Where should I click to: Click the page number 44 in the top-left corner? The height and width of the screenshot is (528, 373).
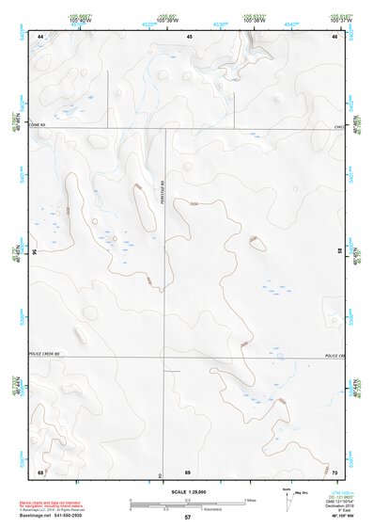point(41,35)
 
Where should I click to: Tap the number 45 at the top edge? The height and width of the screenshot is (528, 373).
point(189,35)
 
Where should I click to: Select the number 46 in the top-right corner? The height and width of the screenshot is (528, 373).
point(335,35)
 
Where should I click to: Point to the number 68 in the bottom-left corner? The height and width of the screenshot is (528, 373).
point(40,471)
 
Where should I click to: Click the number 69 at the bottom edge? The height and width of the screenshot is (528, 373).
point(187,471)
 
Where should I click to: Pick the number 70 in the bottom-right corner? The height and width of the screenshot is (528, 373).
point(335,471)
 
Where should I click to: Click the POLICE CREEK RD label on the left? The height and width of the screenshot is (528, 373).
point(44,354)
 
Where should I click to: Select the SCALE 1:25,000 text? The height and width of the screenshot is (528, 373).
point(187,490)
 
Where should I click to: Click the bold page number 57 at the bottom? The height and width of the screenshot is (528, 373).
point(187,518)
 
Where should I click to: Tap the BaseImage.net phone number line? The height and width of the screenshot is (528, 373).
point(59,519)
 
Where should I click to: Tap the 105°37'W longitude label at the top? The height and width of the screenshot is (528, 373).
point(342,19)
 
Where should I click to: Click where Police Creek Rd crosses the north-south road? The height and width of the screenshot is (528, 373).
point(165,358)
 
